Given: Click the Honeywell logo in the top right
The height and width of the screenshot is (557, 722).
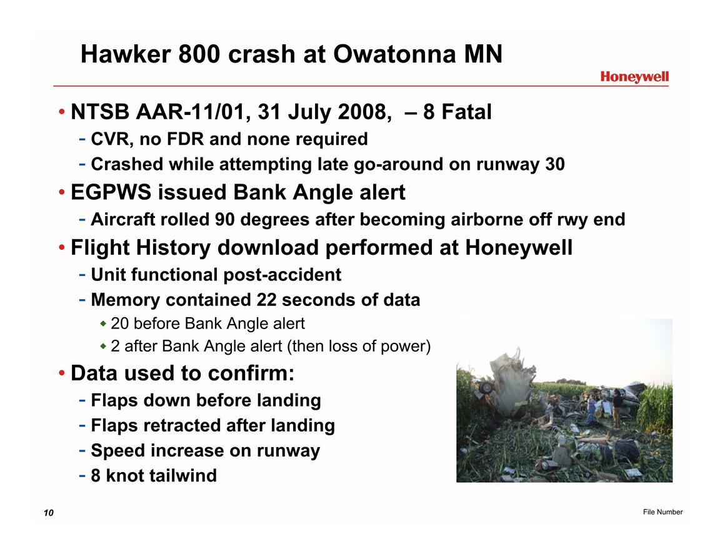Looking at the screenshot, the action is pyautogui.click(x=634, y=77).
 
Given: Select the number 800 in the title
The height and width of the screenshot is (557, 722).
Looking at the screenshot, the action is pyautogui.click(x=199, y=54).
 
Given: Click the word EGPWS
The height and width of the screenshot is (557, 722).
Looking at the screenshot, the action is pyautogui.click(x=111, y=192).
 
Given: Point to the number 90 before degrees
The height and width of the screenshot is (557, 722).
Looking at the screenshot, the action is pyautogui.click(x=224, y=219).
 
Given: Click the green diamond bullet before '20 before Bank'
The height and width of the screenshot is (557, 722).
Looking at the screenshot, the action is pyautogui.click(x=103, y=324).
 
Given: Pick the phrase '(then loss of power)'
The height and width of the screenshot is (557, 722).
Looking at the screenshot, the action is pyautogui.click(x=359, y=346).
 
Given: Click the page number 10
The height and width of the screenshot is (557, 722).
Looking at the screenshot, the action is pyautogui.click(x=48, y=513).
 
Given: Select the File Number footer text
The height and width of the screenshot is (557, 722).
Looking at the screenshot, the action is pyautogui.click(x=663, y=512).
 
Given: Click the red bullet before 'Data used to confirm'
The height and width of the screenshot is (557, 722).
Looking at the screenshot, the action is pyautogui.click(x=62, y=373).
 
